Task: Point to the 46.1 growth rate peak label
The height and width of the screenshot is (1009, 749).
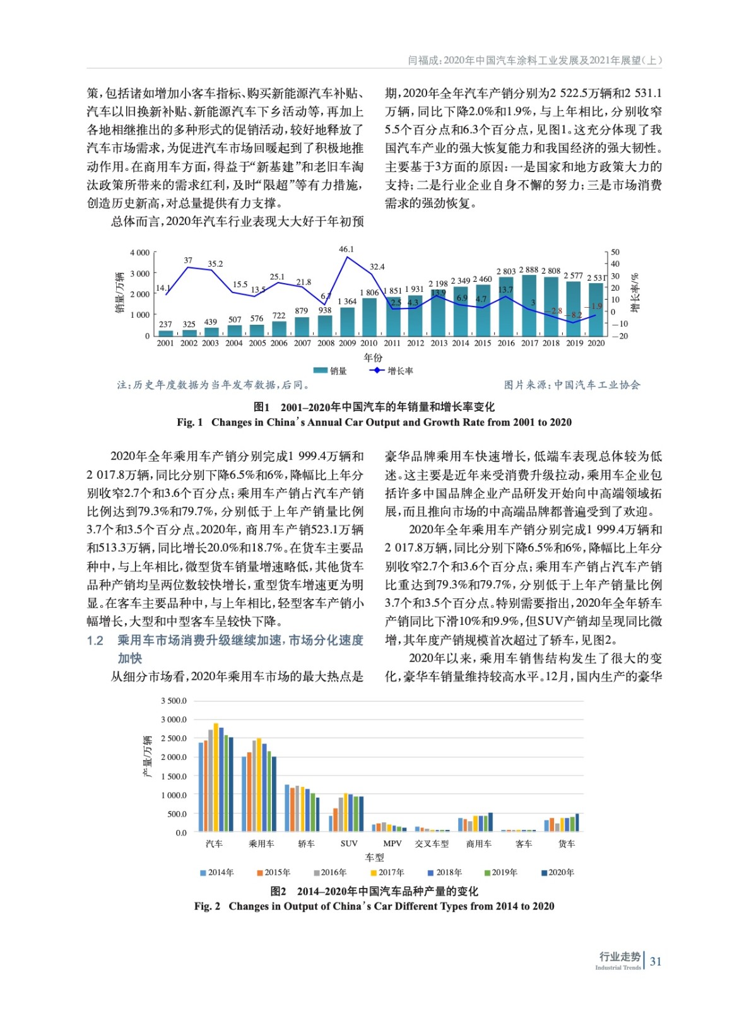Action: [x=346, y=249]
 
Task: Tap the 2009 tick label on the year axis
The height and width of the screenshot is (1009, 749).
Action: [x=347, y=343]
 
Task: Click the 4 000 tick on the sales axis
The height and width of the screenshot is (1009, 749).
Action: [x=139, y=253]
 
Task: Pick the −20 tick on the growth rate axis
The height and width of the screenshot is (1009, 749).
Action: [x=623, y=336]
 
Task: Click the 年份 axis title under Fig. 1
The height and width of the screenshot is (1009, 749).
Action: [x=373, y=358]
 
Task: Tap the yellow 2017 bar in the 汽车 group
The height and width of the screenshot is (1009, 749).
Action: [x=216, y=777]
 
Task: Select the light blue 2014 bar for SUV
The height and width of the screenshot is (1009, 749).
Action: [x=331, y=823]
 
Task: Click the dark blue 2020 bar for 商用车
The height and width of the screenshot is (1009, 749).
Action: [x=491, y=822]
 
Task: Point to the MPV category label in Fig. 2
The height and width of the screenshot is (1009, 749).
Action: [x=392, y=843]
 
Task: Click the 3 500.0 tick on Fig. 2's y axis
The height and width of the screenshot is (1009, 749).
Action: [x=174, y=701]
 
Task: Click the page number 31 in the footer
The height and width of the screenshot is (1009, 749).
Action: [x=656, y=962]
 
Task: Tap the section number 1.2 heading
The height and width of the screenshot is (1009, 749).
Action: [x=95, y=641]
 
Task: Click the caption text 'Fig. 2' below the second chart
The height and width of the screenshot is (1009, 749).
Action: [x=207, y=906]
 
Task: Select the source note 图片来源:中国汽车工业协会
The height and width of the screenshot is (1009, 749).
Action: [x=572, y=385]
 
